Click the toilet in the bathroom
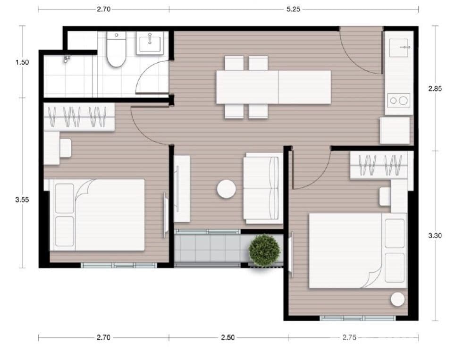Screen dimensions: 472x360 117,50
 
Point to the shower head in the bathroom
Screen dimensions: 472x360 67,59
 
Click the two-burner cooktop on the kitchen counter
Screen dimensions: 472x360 398,100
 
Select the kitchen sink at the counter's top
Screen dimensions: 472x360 399,48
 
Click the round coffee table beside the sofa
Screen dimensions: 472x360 227,189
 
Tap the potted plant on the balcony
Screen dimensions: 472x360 264,251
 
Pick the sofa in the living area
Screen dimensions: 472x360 263,188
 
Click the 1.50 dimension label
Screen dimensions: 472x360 22,62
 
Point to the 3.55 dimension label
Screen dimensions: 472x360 22,199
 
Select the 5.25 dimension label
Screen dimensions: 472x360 293,9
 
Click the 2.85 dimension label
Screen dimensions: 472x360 435,89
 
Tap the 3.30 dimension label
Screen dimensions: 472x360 435,235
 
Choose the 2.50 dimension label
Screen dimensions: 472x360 228,337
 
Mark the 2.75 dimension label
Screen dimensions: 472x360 349,337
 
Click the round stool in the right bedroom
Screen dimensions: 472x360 397,299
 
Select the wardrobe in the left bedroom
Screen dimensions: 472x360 79,117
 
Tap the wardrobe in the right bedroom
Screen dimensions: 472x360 379,165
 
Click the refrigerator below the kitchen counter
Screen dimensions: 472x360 395,131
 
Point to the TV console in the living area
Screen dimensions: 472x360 182,189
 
